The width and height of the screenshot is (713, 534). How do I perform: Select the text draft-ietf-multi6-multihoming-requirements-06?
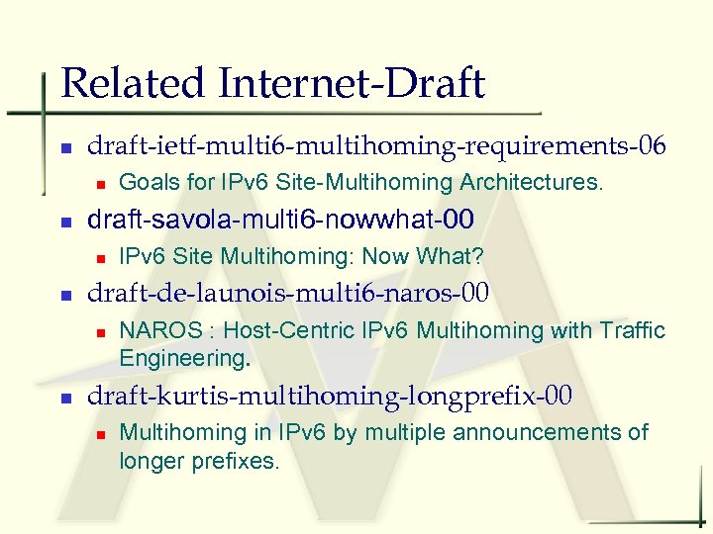pos(377,146)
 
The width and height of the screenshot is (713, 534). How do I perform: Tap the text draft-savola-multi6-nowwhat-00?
pos(281,219)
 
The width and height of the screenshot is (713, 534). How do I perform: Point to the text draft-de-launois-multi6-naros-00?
pos(289,294)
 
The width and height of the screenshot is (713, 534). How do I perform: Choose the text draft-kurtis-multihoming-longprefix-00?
pos(330,396)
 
